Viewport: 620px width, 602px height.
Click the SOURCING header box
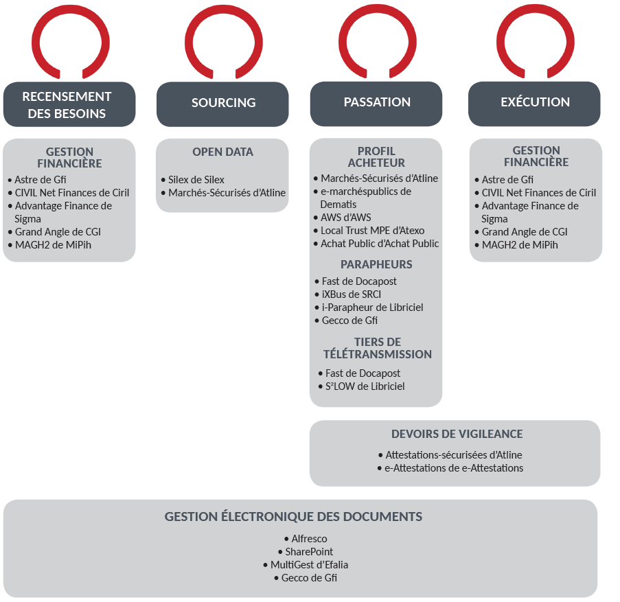tap(222, 104)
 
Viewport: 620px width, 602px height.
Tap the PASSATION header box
tap(376, 104)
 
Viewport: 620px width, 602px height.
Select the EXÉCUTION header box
tap(534, 104)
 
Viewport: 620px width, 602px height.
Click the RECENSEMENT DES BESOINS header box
tap(69, 104)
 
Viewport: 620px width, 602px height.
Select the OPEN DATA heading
tap(222, 152)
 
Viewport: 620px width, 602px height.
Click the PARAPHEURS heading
tap(376, 264)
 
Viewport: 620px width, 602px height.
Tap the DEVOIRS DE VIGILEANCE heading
tap(457, 434)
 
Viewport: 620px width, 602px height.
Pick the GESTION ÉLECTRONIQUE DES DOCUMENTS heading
tap(293, 517)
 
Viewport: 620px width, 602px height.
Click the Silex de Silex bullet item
tap(192, 180)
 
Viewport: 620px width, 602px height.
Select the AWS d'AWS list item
tap(343, 218)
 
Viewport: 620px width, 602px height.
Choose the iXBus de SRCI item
tap(348, 294)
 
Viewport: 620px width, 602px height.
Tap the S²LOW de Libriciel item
tap(361, 386)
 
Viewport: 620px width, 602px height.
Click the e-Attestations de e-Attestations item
tap(450, 468)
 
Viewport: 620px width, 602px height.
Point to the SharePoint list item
tap(306, 552)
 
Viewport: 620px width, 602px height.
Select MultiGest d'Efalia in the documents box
tap(306, 565)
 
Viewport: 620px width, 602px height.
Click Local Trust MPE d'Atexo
tap(369, 231)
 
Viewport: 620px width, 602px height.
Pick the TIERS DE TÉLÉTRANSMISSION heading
tap(378, 348)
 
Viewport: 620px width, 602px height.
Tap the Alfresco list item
tap(306, 539)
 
